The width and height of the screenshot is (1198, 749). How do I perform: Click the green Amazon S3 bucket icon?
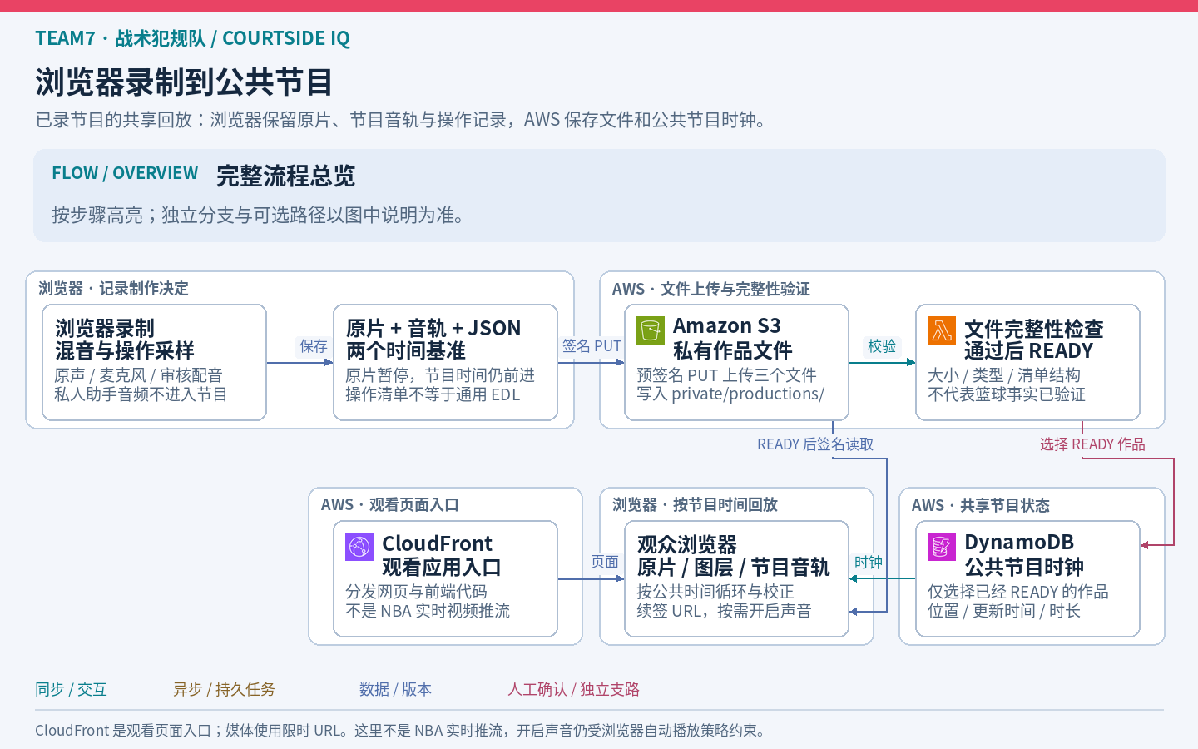pos(650,330)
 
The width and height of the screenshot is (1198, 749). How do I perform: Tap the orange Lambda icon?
pos(941,330)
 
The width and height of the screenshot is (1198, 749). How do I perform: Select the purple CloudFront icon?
pos(359,547)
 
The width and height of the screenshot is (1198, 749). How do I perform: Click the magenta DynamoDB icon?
pos(941,547)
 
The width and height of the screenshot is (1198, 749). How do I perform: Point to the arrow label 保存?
pos(314,346)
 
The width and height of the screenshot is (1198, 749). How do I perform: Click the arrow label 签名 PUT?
pos(592,346)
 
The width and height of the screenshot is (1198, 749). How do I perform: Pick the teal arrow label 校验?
pos(881,346)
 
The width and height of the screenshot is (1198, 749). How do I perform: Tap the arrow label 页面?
pos(604,562)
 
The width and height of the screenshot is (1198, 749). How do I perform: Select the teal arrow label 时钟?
pos(868,563)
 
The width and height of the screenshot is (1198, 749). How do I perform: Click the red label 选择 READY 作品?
pos(1092,444)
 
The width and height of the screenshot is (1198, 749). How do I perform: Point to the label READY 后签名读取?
pos(815,444)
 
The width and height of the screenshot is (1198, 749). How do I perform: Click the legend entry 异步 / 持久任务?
pos(224,689)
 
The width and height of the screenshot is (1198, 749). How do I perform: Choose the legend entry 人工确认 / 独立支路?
pos(573,689)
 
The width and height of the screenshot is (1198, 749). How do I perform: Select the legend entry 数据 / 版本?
pos(395,689)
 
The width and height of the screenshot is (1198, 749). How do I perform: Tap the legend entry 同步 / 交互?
pos(72,689)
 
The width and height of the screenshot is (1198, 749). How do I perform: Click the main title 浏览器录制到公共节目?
pos(185,82)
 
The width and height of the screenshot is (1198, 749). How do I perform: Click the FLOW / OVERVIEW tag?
pos(125,173)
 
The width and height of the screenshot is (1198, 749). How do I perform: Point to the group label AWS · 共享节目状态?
pos(980,505)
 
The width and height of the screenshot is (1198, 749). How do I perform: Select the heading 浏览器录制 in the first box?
pos(105,328)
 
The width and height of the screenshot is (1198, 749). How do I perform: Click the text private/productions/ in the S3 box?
pos(748,394)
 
